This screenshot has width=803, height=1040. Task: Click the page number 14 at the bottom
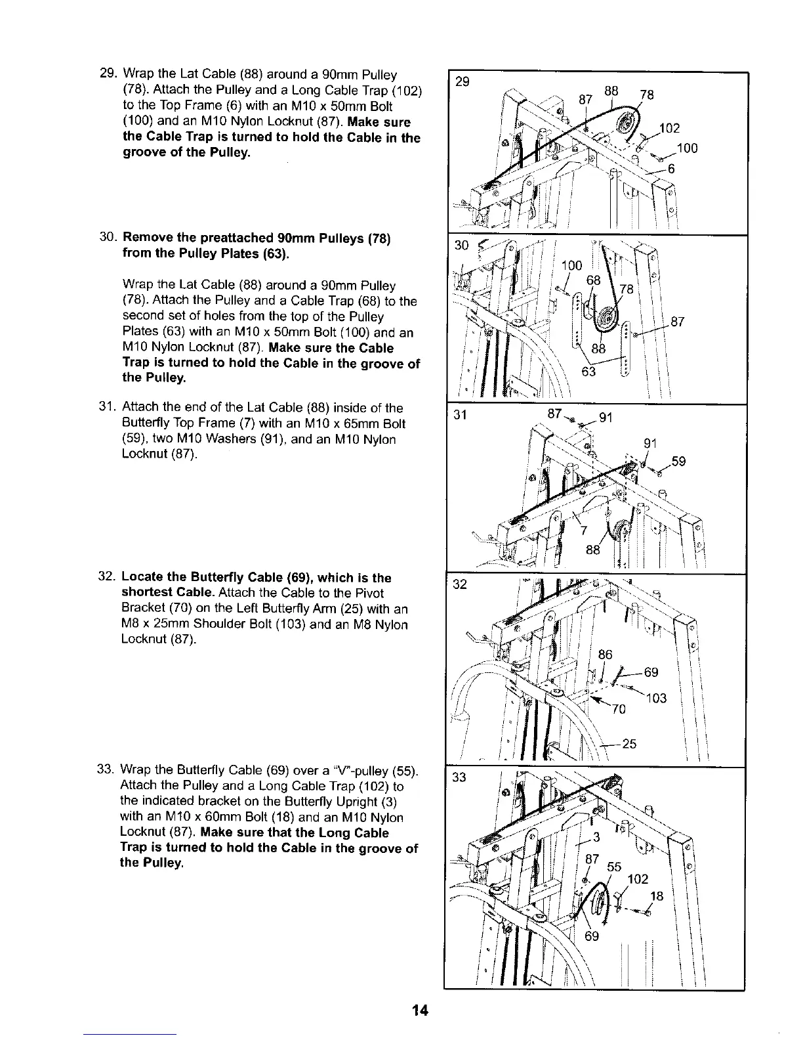click(421, 1010)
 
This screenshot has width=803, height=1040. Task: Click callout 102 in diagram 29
click(670, 127)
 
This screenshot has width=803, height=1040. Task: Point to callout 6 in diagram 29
click(671, 169)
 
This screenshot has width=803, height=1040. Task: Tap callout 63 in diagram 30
click(589, 372)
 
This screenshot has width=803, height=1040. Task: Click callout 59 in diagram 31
click(678, 462)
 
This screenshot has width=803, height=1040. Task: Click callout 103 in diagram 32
click(656, 699)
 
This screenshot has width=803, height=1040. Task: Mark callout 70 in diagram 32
click(619, 709)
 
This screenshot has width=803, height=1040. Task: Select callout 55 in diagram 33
click(613, 867)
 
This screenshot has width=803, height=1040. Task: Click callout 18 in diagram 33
click(655, 897)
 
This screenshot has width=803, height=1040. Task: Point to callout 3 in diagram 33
click(597, 836)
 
